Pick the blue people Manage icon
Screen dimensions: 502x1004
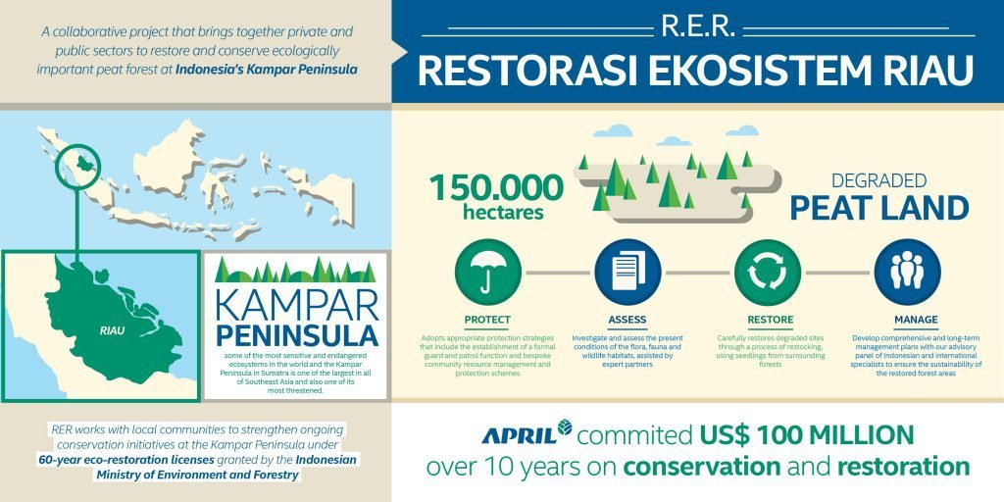click(906, 271)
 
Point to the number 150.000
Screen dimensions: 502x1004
click(496, 187)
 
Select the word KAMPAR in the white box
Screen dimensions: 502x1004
click(295, 297)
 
